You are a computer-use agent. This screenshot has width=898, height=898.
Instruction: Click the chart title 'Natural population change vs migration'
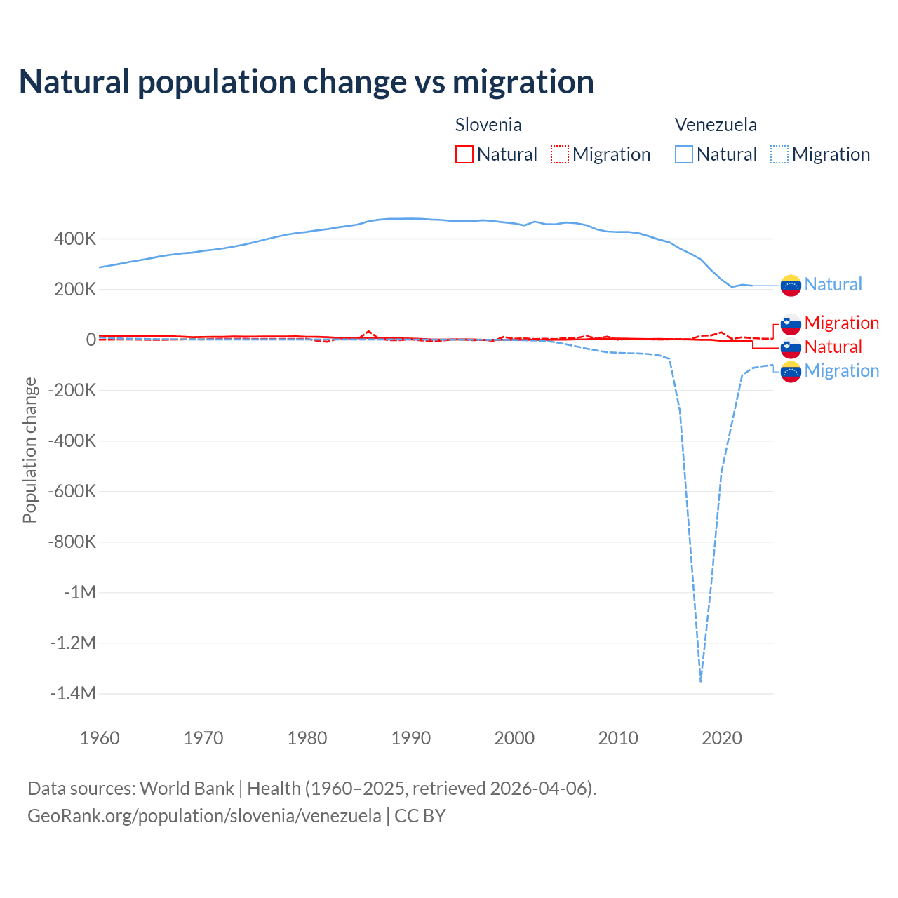(x=307, y=82)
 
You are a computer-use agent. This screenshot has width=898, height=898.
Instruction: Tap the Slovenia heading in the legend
(x=488, y=125)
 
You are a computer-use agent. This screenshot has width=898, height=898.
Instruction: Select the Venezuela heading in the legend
(x=716, y=125)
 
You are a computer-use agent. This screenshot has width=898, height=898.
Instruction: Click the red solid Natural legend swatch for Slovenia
(x=464, y=154)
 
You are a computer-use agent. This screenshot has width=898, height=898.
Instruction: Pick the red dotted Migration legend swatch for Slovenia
(x=560, y=154)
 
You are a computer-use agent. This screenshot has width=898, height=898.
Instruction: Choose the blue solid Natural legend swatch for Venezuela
(x=684, y=154)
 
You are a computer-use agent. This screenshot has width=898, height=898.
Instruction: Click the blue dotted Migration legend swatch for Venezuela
(x=779, y=154)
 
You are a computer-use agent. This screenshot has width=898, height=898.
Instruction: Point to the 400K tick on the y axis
(x=75, y=239)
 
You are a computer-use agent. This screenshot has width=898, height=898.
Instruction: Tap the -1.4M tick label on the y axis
(x=73, y=694)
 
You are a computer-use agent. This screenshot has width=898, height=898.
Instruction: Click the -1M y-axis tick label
(x=80, y=593)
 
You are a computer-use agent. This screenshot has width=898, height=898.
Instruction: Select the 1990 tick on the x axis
(x=411, y=738)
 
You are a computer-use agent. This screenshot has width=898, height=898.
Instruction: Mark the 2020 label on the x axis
(x=722, y=738)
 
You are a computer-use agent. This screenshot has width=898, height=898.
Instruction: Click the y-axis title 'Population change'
(x=29, y=450)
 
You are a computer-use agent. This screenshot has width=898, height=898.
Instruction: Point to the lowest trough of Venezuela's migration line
(x=700, y=680)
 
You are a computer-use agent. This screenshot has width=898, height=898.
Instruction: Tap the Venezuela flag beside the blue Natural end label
(x=791, y=285)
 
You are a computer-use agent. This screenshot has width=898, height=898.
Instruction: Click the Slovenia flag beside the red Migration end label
(x=791, y=323)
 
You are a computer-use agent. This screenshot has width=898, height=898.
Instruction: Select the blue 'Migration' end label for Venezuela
(x=841, y=370)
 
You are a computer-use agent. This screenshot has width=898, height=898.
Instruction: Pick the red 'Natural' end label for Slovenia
(x=833, y=347)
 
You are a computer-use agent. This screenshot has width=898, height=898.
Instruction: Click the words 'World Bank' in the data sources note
(x=187, y=789)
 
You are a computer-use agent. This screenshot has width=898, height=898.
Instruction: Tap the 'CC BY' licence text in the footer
(x=420, y=816)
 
